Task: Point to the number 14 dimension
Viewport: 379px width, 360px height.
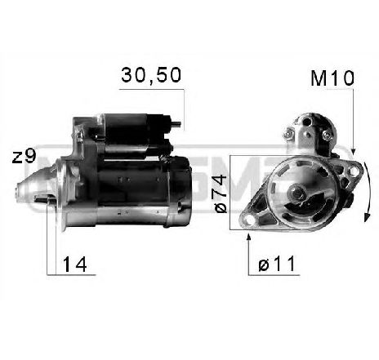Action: tap(75, 264)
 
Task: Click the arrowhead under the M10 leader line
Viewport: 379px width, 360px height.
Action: tap(354, 152)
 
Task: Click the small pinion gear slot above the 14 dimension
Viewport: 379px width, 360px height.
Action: tap(50, 201)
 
